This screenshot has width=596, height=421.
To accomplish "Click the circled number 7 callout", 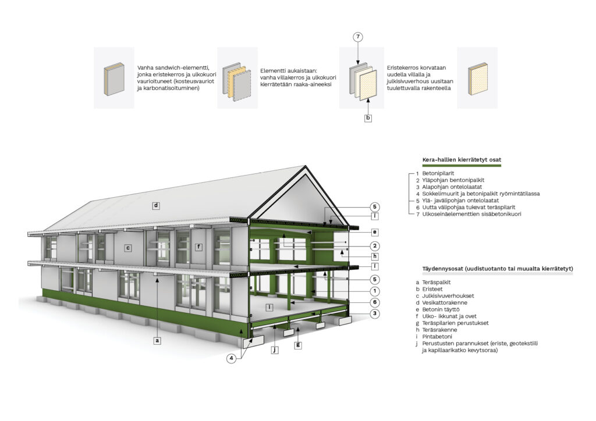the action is point(358,37).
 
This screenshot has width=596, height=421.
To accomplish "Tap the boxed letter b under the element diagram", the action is point(368,117).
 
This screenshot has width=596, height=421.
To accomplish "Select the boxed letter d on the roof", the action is point(156,206).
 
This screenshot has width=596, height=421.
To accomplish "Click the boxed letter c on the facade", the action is point(128,248).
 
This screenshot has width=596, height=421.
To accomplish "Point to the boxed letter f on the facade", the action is point(198,247).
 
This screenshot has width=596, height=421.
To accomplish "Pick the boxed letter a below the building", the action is point(157,341).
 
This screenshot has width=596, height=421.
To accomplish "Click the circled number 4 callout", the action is point(232,358).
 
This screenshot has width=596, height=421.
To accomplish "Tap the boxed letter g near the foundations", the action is point(299,345).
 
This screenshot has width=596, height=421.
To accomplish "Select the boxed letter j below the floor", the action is point(275,350).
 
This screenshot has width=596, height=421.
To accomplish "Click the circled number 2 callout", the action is point(375,246).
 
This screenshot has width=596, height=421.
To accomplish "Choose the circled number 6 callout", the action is point(375,302).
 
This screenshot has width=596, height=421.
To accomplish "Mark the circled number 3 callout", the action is point(375,313).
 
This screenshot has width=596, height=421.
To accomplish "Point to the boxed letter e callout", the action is point(375,232).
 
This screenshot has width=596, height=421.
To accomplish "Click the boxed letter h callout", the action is point(375,256).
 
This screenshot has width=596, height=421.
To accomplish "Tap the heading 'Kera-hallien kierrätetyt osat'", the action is point(462,160).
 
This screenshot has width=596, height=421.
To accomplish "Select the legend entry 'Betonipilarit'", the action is point(438,173).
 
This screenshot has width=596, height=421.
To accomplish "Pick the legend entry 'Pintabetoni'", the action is point(437,336).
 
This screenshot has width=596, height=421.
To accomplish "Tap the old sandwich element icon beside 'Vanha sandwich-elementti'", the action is point(114,79).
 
